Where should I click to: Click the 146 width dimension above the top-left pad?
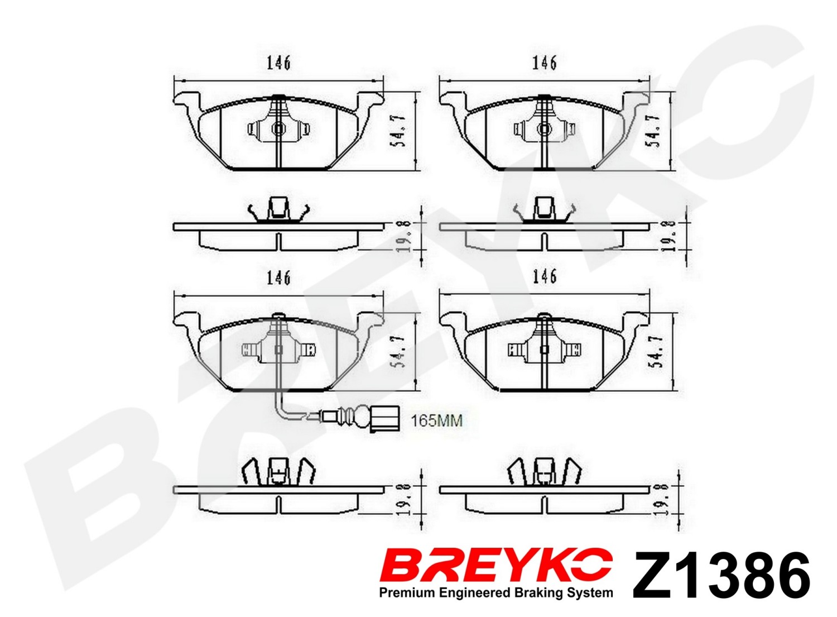pyautogui.click(x=279, y=64)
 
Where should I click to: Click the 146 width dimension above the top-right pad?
pyautogui.click(x=545, y=64)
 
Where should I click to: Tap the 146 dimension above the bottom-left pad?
pyautogui.click(x=279, y=278)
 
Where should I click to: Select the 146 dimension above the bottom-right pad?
pyautogui.click(x=545, y=278)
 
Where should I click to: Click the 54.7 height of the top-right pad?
pyautogui.click(x=657, y=132)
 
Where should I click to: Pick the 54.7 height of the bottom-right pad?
pyautogui.click(x=657, y=352)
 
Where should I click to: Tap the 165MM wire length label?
pyautogui.click(x=436, y=421)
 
